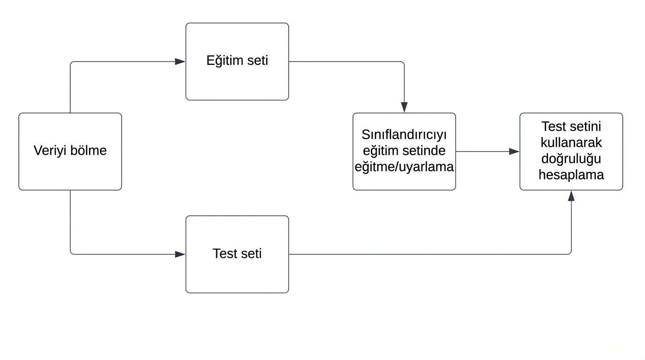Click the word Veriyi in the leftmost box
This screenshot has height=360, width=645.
click(50, 151)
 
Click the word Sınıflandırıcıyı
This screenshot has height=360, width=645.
click(404, 135)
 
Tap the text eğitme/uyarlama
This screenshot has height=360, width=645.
click(404, 167)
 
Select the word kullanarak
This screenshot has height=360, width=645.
click(571, 142)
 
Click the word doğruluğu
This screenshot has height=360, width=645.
click(571, 158)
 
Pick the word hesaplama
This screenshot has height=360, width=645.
click(571, 175)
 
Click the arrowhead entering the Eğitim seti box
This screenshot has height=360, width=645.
click(180, 61)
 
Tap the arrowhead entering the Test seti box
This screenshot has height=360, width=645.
click(180, 255)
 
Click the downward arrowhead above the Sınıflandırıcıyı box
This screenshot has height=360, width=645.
click(404, 107)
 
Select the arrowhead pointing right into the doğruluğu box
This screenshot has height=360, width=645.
click(514, 151)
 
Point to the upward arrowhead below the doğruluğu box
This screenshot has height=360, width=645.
click(571, 196)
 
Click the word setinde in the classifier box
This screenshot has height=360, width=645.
click(424, 151)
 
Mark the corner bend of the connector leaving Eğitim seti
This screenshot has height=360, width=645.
click(403, 62)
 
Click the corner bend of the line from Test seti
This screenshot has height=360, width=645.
click(570, 254)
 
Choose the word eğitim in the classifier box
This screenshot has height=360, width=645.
click(382, 151)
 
